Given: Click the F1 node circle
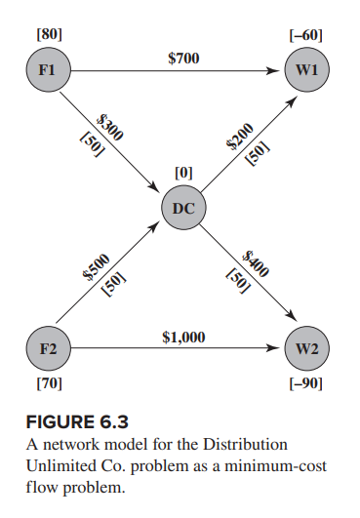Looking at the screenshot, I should (x=45, y=70).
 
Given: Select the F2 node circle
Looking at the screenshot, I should (x=45, y=347).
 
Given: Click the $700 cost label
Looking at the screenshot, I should (x=183, y=59).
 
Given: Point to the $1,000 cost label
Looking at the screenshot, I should (x=183, y=337).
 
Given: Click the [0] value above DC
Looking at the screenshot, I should (x=182, y=173).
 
